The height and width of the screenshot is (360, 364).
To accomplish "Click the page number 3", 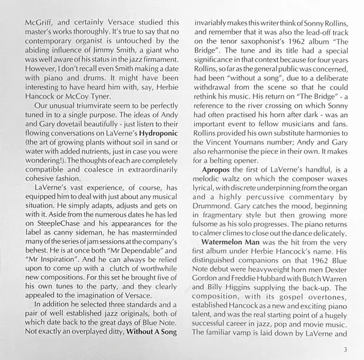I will coord(345,348).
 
